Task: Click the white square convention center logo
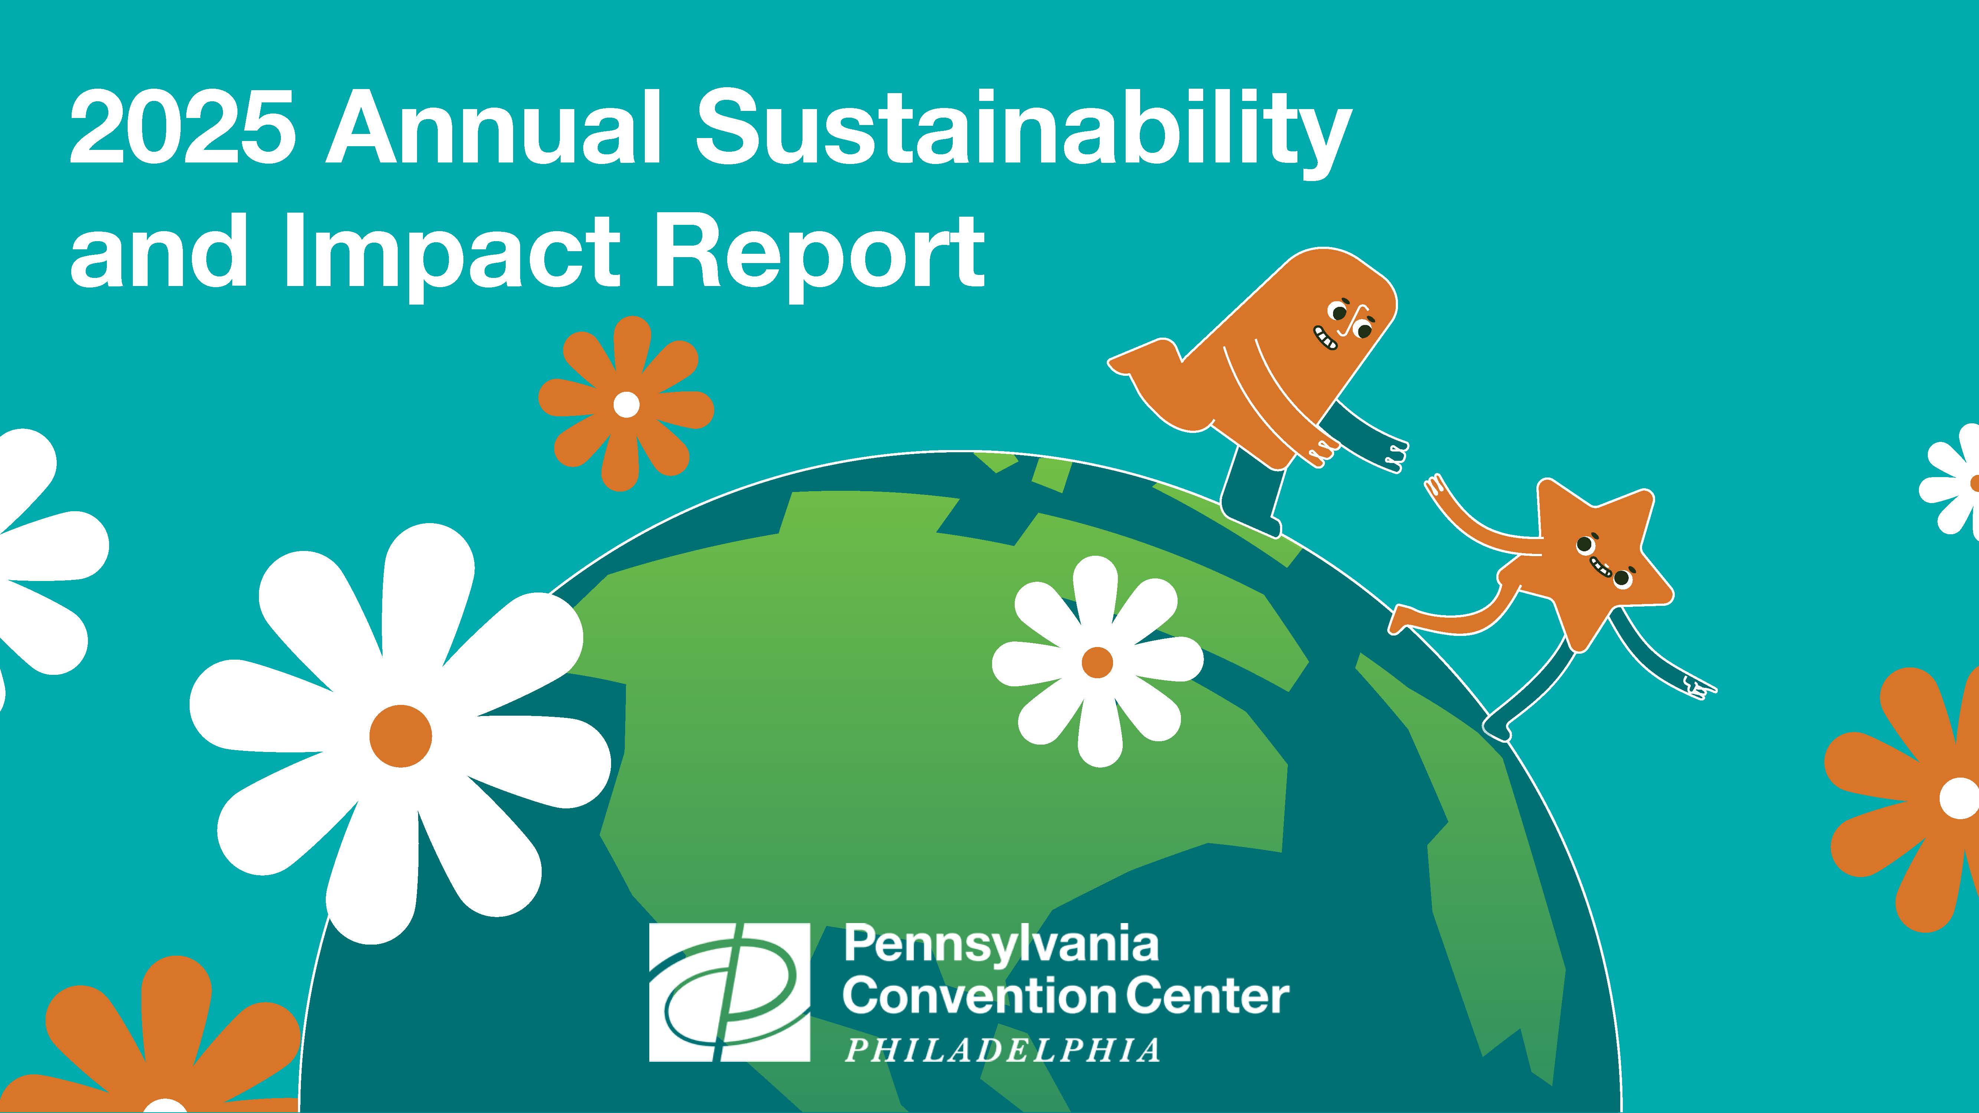[729, 992]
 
